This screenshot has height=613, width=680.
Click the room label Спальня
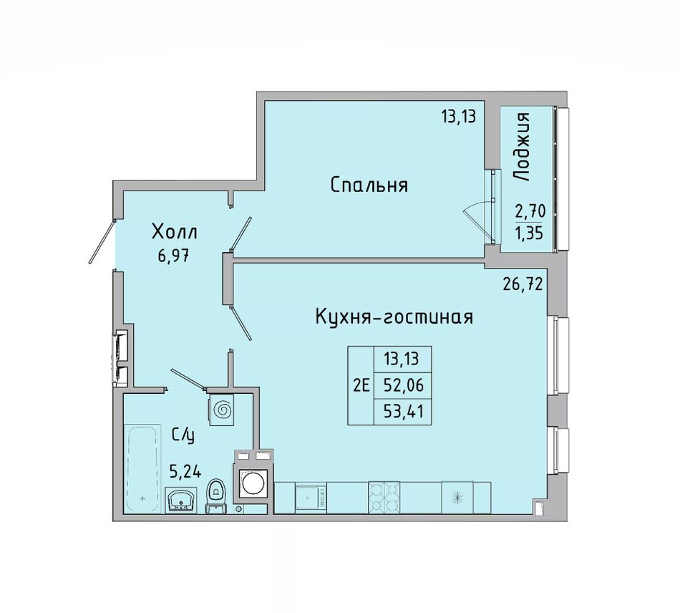click(x=369, y=185)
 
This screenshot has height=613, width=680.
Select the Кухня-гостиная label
click(x=394, y=317)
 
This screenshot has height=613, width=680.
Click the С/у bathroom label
click(x=183, y=435)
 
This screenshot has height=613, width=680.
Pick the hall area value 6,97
click(x=174, y=256)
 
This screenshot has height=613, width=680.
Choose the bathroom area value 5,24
click(x=185, y=471)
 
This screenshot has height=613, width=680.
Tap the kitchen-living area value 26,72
click(x=523, y=284)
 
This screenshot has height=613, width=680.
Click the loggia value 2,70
click(x=530, y=212)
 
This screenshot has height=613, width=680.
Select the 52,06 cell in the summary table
click(x=403, y=385)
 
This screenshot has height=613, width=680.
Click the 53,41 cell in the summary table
click(x=403, y=411)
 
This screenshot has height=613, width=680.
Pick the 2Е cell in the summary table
click(x=361, y=385)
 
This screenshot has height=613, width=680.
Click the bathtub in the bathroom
click(x=142, y=469)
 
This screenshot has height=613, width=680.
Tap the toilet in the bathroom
click(x=215, y=496)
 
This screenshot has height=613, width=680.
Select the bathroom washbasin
click(x=181, y=500)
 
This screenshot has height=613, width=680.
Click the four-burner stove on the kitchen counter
click(x=384, y=498)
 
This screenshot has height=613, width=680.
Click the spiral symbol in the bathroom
click(x=223, y=409)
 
